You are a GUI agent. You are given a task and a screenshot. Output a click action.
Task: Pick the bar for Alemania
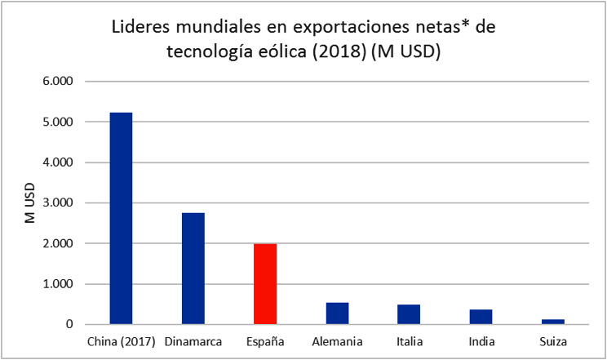point(337,313)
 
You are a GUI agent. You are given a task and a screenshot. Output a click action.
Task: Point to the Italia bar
point(409,314)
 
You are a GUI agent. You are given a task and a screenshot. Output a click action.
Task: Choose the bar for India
point(481,317)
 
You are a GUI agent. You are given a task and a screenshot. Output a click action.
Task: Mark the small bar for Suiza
point(553,322)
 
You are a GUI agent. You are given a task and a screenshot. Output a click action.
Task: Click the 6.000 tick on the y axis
point(57,82)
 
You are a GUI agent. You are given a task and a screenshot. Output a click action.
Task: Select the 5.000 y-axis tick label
point(57,122)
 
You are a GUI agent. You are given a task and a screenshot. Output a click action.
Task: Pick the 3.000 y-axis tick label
point(57,203)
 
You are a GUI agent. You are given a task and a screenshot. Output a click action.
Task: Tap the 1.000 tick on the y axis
point(57,284)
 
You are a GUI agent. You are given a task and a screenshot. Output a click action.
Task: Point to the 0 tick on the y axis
point(69,325)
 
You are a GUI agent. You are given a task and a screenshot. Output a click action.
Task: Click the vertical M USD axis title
point(28,203)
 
